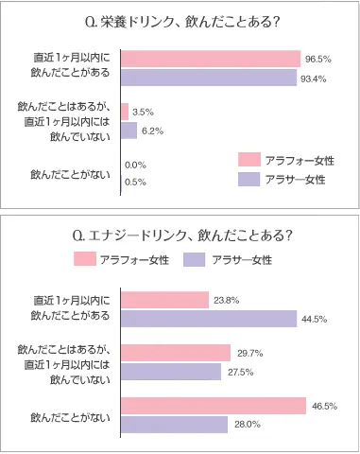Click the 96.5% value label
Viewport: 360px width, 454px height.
coord(317,60)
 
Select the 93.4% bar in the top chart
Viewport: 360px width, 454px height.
coord(210,78)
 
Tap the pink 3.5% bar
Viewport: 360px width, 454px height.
coord(125,113)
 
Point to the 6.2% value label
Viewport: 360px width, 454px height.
coord(153,131)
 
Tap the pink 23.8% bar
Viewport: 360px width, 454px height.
coord(164,300)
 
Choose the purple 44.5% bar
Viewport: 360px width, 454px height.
coord(209,318)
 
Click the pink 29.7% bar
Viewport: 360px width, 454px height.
coord(176,353)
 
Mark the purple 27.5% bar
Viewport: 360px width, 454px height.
coord(172,371)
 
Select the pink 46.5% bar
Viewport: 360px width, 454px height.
coord(214,406)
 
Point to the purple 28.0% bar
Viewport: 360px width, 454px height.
coord(174,424)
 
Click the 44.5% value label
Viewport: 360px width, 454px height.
coord(314,319)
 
